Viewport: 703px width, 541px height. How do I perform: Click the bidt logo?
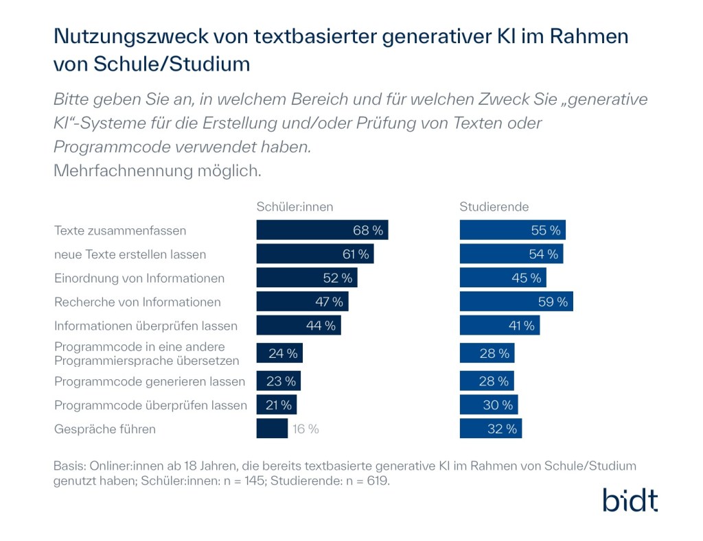[630, 500]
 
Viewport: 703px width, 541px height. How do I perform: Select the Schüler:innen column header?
[295, 206]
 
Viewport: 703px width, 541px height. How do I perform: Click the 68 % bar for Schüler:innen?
[322, 230]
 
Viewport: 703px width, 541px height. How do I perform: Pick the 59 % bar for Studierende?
[516, 302]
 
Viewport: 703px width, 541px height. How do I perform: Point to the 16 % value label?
[306, 429]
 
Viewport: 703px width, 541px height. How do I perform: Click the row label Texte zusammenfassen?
[120, 230]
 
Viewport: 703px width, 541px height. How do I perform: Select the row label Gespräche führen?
[105, 429]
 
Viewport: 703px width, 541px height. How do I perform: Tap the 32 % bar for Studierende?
[490, 429]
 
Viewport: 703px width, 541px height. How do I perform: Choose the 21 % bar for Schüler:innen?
[276, 405]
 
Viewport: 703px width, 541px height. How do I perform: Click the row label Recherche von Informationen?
[137, 302]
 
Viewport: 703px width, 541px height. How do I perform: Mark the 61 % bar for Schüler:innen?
[314, 254]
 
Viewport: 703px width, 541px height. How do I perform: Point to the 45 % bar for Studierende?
[503, 278]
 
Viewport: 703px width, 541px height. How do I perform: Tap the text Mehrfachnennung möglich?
[157, 171]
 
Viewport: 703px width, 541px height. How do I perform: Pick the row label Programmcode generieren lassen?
[150, 381]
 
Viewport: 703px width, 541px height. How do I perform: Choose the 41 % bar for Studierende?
[499, 326]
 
